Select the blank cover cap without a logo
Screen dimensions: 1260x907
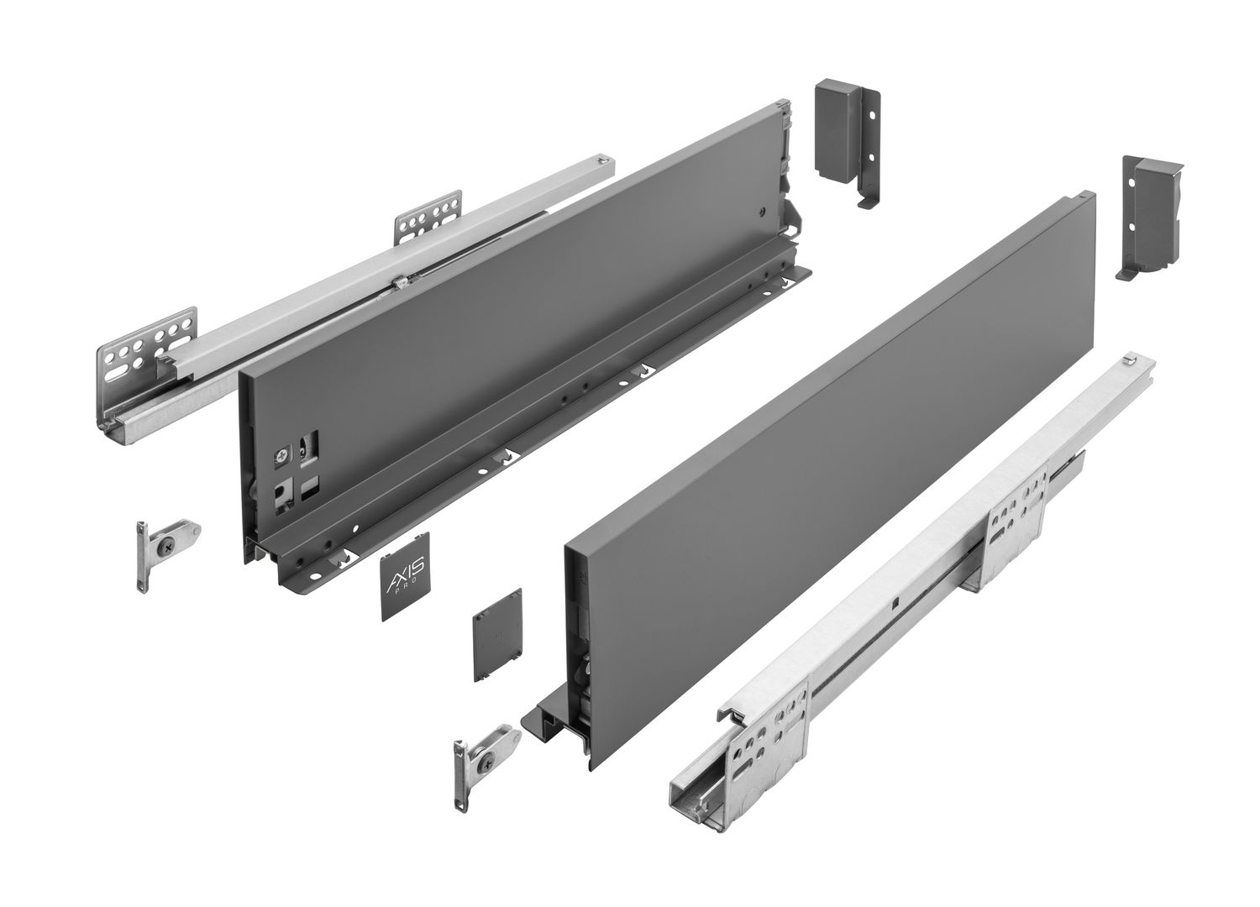pos(497,636)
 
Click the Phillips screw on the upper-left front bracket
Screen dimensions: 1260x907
pos(168,532)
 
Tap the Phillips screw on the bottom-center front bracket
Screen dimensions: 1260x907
pos(485,757)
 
